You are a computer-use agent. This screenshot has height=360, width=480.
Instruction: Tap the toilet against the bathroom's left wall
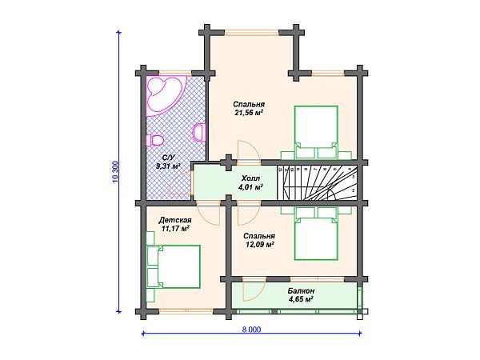[x=155, y=140]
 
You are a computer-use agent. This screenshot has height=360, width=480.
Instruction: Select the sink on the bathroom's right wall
[x=199, y=132]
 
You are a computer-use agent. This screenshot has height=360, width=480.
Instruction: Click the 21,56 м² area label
[x=249, y=113]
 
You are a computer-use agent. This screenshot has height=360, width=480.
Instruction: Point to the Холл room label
[x=250, y=178]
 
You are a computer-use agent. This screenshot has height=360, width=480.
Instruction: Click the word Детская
[x=175, y=220]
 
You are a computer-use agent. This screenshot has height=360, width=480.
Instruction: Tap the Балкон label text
[x=301, y=290]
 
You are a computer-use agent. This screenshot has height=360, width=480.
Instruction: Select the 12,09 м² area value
[x=258, y=244]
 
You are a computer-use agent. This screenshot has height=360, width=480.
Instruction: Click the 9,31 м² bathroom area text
[x=168, y=166]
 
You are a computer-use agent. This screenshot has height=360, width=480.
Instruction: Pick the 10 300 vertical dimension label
[x=115, y=171]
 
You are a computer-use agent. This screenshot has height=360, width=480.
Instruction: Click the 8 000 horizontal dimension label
[x=252, y=330]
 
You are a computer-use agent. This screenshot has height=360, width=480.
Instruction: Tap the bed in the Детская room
[x=178, y=266]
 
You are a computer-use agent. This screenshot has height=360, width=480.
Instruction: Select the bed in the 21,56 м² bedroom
[x=316, y=132]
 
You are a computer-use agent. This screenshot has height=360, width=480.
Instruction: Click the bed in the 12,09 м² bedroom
[x=316, y=234]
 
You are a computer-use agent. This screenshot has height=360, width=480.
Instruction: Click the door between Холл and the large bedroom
[x=249, y=150]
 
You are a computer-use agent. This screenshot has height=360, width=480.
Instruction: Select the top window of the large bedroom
[x=252, y=33]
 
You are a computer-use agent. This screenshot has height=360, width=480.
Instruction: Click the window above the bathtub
[x=175, y=73]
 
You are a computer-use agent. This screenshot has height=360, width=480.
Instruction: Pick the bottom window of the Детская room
[x=186, y=311]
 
